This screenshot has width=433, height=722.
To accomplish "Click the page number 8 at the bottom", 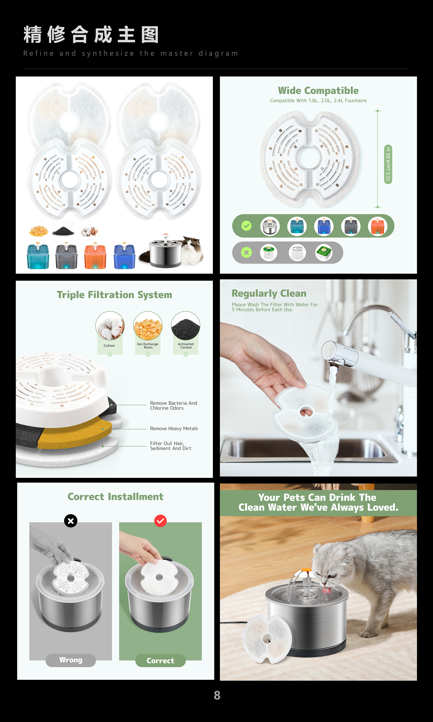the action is [217, 695].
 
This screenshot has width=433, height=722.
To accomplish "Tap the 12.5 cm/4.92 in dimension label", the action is [388, 164].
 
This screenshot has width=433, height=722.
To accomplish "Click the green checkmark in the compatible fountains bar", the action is [246, 226].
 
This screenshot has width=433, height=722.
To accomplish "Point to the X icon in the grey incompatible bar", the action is [246, 252].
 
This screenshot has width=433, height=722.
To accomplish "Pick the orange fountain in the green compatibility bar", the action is [378, 226].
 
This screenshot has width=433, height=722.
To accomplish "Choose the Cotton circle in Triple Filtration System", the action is [110, 325].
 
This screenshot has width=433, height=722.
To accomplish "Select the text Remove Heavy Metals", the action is [174, 428].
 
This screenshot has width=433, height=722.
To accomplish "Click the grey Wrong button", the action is [71, 660].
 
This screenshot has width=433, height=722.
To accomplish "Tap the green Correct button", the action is [161, 661].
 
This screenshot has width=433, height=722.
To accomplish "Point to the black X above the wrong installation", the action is [71, 521].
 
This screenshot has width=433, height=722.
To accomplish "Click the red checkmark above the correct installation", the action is [161, 521].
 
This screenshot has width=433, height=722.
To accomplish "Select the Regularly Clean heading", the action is [269, 294].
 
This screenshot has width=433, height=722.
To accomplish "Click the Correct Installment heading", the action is [115, 497].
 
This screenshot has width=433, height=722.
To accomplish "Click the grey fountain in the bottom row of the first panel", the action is [67, 256].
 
